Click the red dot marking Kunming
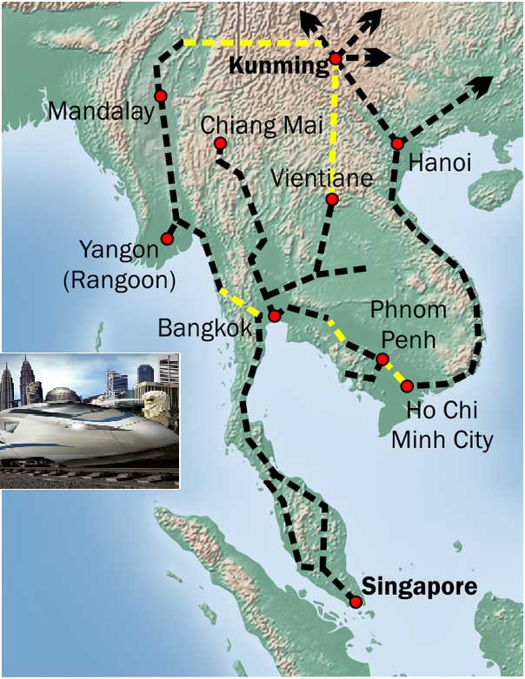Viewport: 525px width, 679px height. [336, 59]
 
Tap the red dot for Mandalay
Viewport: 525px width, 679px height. [161, 96]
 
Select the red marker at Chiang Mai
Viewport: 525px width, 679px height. [219, 143]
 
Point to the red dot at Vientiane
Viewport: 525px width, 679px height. [331, 200]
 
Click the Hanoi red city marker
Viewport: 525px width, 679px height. [396, 143]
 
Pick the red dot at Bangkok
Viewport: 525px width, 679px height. [274, 316]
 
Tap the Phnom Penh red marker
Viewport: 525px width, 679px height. [382, 359]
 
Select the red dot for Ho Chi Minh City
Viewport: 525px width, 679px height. [407, 385]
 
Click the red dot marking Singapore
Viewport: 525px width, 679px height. [355, 603]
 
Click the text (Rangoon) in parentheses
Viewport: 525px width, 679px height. [127, 280]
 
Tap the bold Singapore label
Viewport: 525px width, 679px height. [419, 586]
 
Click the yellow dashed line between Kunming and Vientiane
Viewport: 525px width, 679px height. [334, 130]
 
